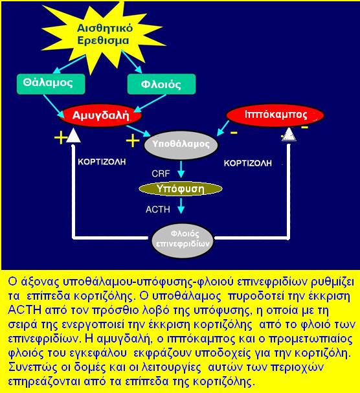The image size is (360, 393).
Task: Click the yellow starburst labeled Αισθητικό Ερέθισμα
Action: point(104,35)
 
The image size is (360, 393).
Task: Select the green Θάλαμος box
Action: point(51,84)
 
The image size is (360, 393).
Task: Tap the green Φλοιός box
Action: point(161,84)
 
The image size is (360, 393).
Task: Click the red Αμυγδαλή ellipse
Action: point(100,115)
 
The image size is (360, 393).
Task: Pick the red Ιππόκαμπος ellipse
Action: point(275,115)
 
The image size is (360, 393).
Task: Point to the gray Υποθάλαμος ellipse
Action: point(181,145)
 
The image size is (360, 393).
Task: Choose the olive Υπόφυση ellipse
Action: point(181,189)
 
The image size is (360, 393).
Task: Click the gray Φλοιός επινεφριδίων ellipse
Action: point(183,240)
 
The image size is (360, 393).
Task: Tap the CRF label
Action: point(161,174)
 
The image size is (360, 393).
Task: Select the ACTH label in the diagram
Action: point(158,209)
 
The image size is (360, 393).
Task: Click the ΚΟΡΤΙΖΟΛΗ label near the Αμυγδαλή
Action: point(102,162)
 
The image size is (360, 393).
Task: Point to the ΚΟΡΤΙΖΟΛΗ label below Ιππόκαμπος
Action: point(248,163)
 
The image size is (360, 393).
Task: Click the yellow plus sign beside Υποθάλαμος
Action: point(133,140)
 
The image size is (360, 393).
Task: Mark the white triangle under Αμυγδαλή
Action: point(73,135)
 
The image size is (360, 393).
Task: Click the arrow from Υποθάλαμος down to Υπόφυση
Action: point(181,170)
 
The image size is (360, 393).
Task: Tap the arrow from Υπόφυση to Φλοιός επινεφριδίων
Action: point(181,206)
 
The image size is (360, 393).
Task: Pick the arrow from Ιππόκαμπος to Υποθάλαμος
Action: point(223,128)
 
